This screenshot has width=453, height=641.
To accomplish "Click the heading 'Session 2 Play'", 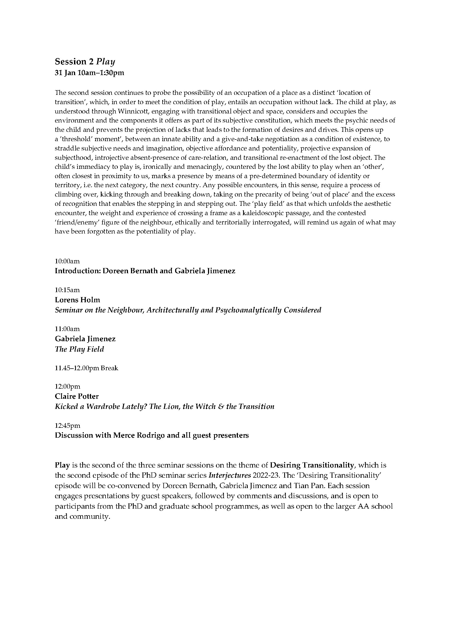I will [x=85, y=62].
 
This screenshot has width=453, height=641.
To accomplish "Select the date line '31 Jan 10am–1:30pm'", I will [x=89, y=73].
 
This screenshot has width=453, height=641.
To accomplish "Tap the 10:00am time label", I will [x=67, y=261].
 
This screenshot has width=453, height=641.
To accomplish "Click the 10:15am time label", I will [x=67, y=290].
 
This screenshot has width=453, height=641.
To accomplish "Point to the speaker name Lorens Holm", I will [x=77, y=300].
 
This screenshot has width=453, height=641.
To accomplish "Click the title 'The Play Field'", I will [x=79, y=349].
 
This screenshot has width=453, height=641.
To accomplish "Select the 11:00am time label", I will [x=67, y=329].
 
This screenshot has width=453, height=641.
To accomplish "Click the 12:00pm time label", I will [x=67, y=386].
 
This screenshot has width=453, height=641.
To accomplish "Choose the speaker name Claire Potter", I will [x=77, y=396].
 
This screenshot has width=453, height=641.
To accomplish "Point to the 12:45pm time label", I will [x=67, y=426].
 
